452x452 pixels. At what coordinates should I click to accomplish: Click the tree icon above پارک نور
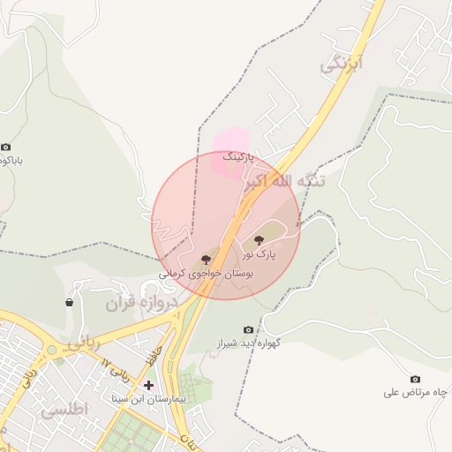259,239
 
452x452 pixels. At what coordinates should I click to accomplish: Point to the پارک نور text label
260,254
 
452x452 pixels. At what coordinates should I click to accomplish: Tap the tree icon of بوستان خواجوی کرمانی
206,260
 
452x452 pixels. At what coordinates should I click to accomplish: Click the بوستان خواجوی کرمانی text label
207,275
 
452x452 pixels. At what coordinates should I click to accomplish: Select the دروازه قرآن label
142,303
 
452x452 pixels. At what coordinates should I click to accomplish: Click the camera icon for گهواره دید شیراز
247,330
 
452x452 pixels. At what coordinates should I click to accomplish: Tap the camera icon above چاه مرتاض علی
416,379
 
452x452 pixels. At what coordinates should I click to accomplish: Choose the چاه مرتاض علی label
417,392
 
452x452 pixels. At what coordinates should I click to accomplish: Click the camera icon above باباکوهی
6,147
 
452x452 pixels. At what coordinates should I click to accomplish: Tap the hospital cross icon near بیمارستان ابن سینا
148,385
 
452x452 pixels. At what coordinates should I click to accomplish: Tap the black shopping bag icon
69,303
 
